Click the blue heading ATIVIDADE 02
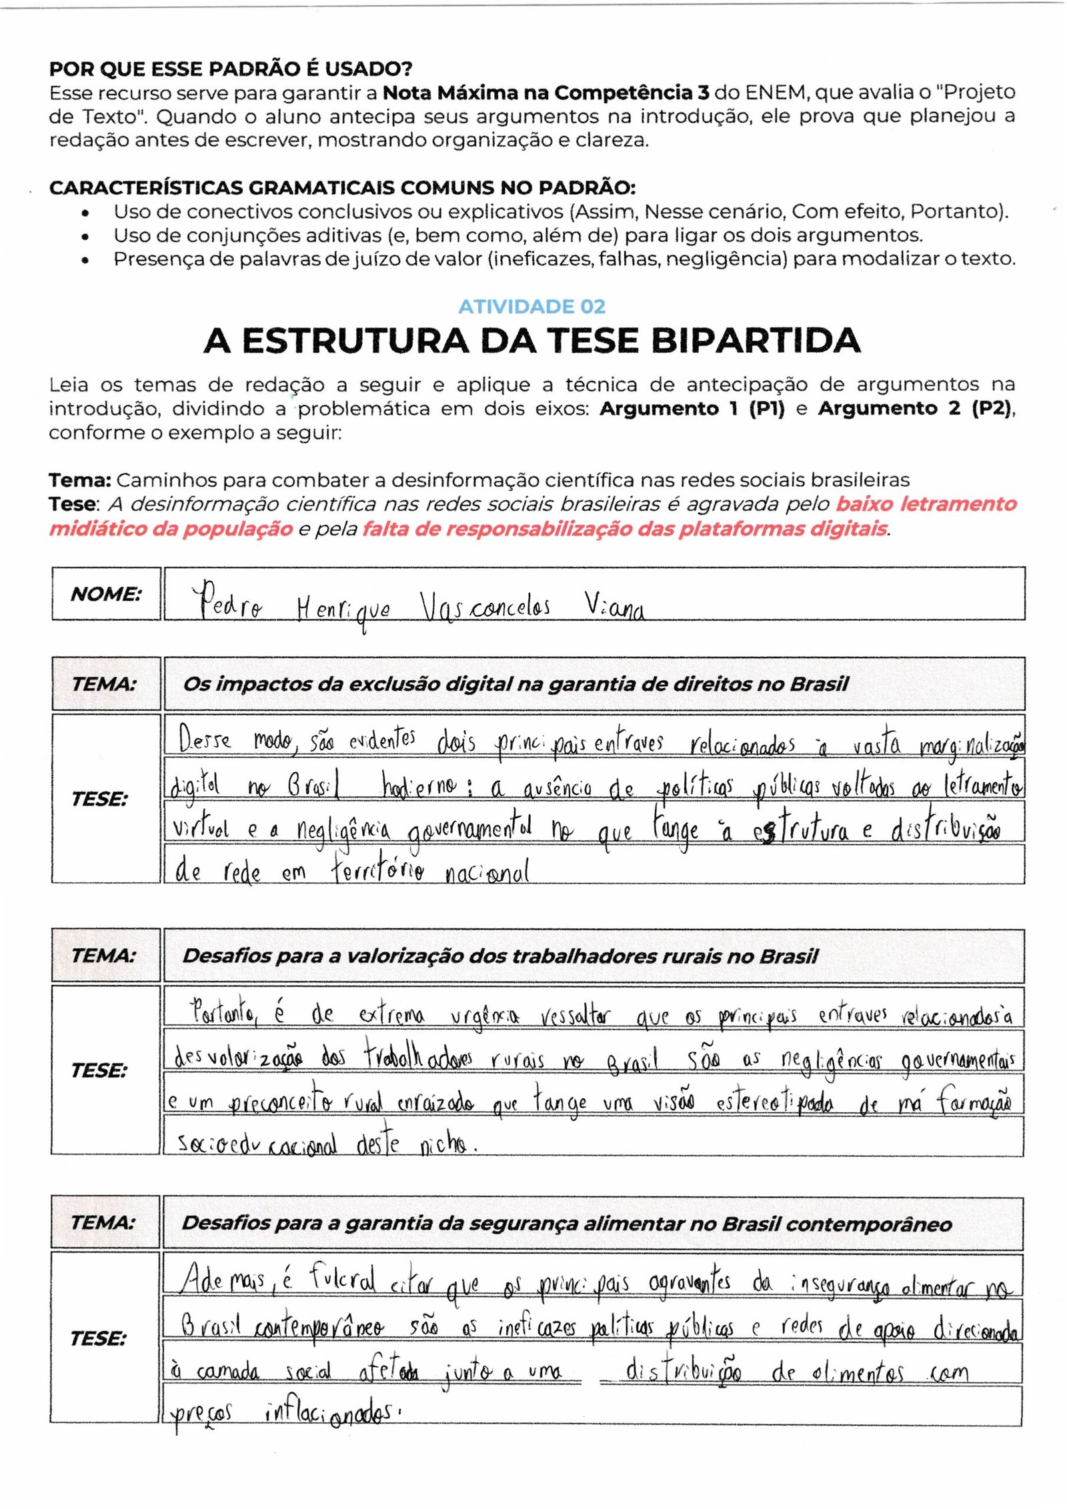coord(531,306)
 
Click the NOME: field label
coord(106,593)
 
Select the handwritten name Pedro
coord(227,601)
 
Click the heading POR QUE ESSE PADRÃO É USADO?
coord(231,69)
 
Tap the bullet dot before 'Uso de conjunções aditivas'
coord(85,236)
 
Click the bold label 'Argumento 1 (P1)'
coord(692,408)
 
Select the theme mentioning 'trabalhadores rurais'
coord(500,956)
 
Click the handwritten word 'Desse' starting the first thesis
coord(204,739)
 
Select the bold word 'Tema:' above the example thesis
coord(79,480)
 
